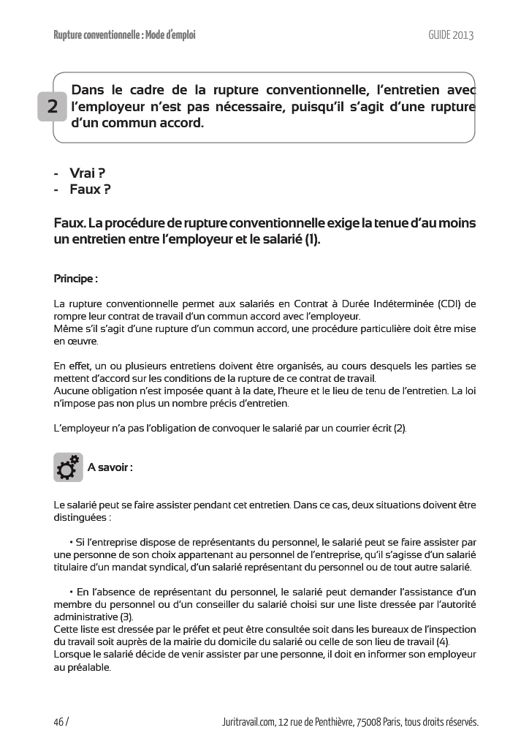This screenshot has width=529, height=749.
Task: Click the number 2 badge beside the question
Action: click(x=53, y=107)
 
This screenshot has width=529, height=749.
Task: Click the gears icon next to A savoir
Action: click(x=68, y=467)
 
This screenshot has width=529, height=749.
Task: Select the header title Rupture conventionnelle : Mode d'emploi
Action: click(x=125, y=34)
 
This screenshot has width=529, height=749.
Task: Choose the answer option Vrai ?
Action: click(x=87, y=173)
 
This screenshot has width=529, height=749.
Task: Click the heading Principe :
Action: click(x=76, y=279)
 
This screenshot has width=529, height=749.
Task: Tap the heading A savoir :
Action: click(x=110, y=467)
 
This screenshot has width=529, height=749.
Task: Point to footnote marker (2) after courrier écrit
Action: click(x=400, y=427)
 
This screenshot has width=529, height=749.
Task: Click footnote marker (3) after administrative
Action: click(x=126, y=617)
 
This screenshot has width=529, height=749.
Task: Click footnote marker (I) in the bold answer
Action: click(x=312, y=238)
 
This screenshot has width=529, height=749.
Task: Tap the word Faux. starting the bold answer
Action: click(x=70, y=222)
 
